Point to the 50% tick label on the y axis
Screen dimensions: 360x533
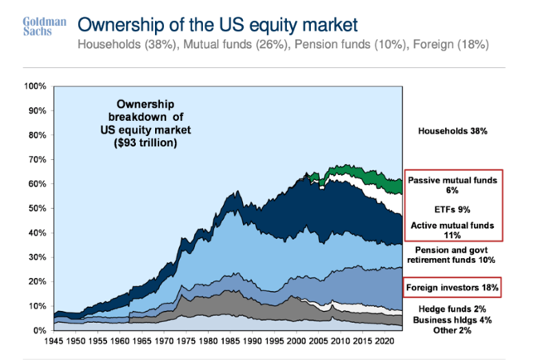pyautogui.click(x=36, y=208)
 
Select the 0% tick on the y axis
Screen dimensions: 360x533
pyautogui.click(x=39, y=330)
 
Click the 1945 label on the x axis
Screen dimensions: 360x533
pyautogui.click(x=55, y=340)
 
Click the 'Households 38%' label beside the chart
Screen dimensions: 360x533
pyautogui.click(x=452, y=131)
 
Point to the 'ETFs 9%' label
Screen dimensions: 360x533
pyautogui.click(x=453, y=208)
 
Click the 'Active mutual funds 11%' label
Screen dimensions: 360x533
pyautogui.click(x=453, y=231)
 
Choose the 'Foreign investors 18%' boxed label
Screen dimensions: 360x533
pyautogui.click(x=452, y=289)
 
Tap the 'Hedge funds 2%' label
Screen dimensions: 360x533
pyautogui.click(x=452, y=308)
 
